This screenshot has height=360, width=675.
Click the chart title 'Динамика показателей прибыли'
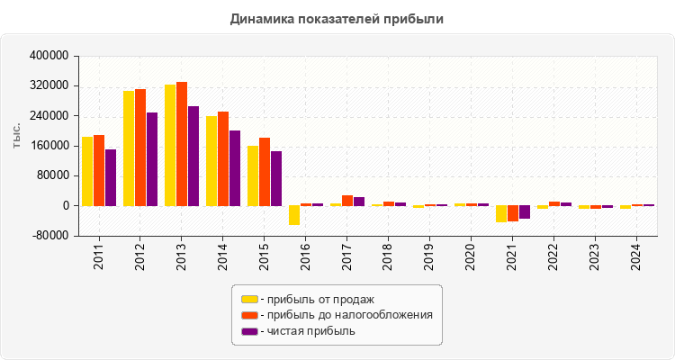(x=337, y=18)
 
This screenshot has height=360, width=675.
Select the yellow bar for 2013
(x=170, y=145)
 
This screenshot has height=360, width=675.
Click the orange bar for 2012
(x=140, y=148)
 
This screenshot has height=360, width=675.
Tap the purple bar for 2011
(x=111, y=177)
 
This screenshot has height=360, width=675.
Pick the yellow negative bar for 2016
(x=294, y=215)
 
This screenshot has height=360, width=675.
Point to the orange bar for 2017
(x=347, y=201)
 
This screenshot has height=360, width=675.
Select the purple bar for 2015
(x=276, y=178)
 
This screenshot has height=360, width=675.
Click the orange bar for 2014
(x=223, y=158)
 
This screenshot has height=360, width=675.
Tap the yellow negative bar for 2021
(x=501, y=214)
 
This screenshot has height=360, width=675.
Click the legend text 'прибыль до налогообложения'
(x=346, y=315)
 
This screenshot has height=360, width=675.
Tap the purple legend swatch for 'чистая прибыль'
(x=249, y=331)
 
